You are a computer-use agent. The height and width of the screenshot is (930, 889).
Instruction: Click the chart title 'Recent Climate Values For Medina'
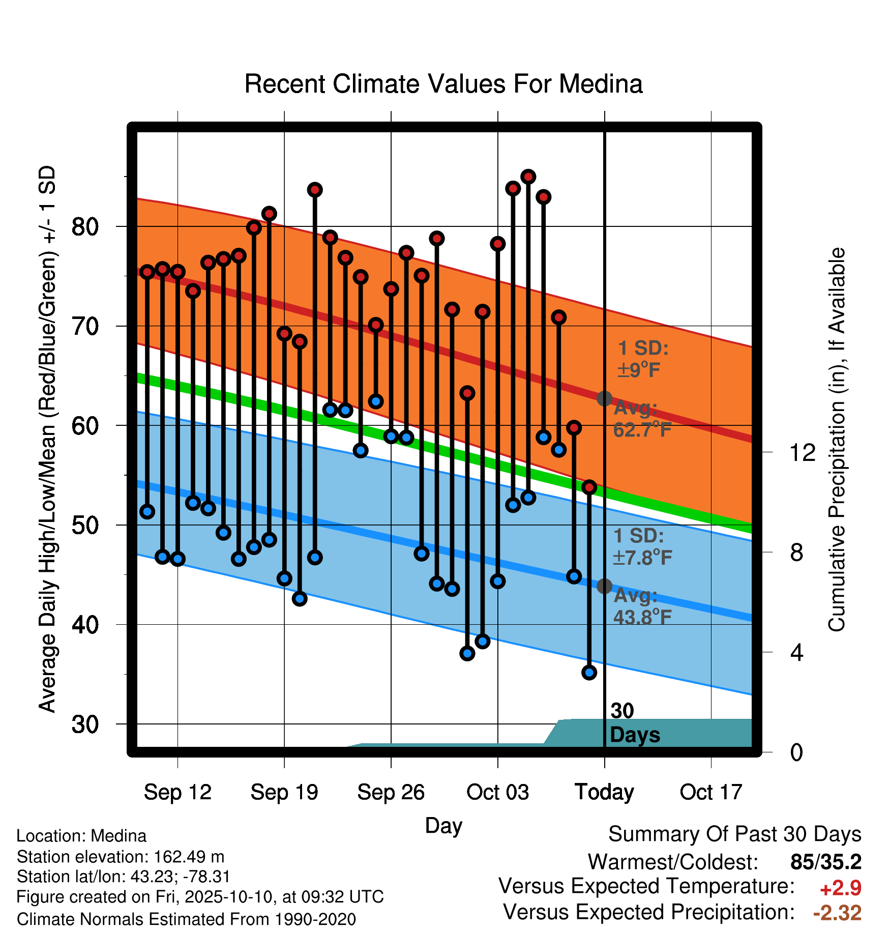[x=443, y=84]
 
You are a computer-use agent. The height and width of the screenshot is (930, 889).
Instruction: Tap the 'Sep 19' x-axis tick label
[x=284, y=792]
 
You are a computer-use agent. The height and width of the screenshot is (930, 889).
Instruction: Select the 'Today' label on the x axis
[x=604, y=792]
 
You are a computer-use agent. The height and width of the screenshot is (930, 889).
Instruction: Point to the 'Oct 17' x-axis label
[x=711, y=792]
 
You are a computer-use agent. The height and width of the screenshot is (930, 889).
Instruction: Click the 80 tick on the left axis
[x=85, y=226]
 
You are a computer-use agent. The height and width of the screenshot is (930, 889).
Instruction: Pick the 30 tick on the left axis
[x=85, y=724]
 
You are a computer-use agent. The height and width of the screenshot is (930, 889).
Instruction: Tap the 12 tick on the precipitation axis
[x=803, y=452]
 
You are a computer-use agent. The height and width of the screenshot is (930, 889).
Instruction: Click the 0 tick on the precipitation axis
[x=797, y=752]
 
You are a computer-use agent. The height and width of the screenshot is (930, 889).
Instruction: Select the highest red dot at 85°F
[x=528, y=177]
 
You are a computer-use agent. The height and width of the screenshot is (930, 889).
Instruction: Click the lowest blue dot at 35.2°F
[x=589, y=673]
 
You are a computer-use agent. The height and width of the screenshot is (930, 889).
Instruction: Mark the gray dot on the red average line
[x=604, y=398]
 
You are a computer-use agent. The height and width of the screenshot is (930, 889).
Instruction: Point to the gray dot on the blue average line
[x=604, y=586]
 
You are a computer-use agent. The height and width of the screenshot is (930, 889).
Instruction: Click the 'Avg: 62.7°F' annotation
[x=642, y=419]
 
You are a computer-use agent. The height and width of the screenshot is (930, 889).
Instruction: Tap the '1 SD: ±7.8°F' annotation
[x=642, y=546]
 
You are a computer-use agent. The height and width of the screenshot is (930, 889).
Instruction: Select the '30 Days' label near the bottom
[x=635, y=723]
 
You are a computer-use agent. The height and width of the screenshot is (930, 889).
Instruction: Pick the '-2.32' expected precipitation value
[x=837, y=913]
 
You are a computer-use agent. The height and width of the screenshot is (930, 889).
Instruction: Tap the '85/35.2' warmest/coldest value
[x=826, y=862]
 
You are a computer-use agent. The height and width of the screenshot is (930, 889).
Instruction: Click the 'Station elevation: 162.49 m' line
[x=121, y=857]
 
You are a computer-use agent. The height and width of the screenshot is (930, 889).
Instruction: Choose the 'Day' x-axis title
[x=443, y=826]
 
